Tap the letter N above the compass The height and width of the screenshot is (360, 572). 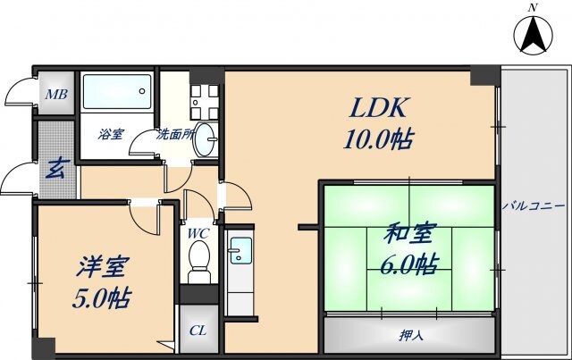coord(534,7)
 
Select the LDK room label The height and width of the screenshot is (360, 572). coord(379,109)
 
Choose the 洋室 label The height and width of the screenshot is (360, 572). coord(103,266)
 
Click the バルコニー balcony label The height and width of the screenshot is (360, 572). coord(532,205)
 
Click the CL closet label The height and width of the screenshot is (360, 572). coord(198,331)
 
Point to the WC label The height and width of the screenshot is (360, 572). coord(198,234)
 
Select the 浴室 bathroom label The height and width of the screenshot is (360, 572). coord(112,135)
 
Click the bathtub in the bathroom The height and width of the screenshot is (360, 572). coord(119,95)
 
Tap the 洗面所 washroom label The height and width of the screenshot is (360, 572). coord(176,135)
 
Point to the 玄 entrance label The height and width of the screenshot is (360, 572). coord(55,168)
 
